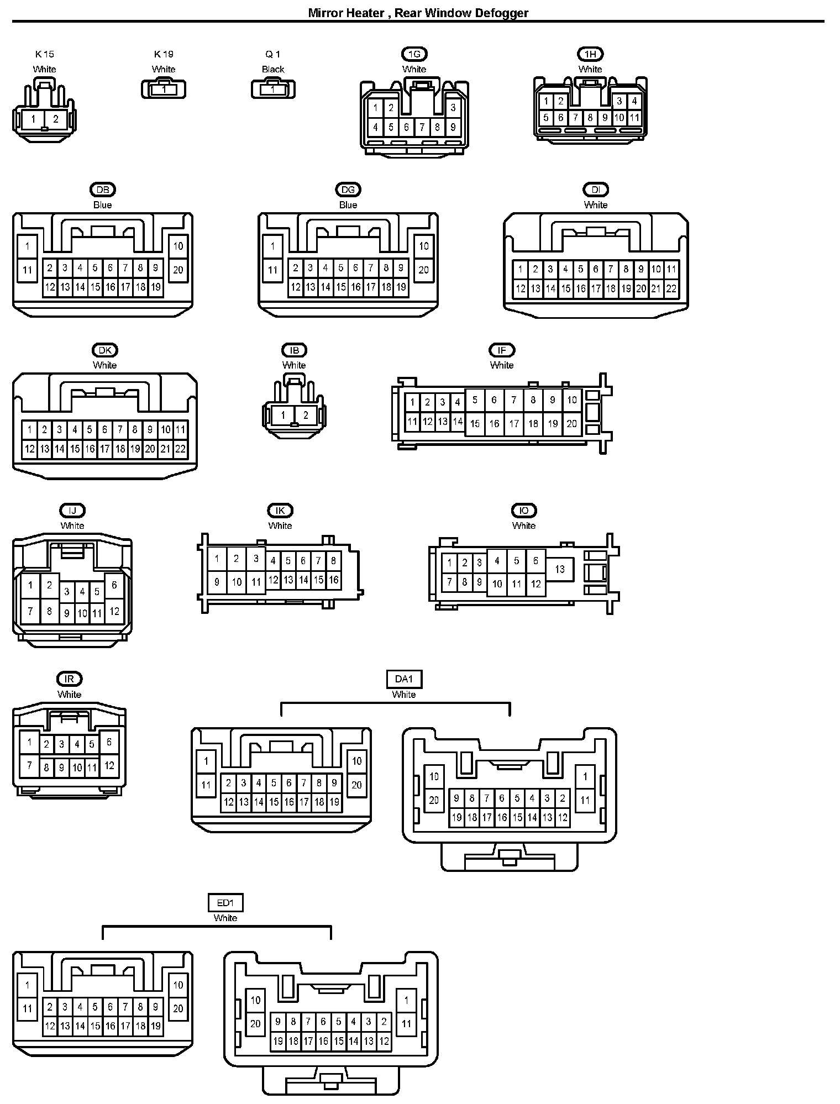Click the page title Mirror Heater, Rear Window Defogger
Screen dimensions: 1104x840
418,13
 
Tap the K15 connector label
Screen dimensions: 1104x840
45,54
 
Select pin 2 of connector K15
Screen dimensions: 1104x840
56,119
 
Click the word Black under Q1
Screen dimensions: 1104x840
273,70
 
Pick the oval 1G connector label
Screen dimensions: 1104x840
414,54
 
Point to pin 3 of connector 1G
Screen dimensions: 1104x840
453,108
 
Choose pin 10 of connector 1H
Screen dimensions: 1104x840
619,118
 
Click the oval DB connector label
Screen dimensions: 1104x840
103,190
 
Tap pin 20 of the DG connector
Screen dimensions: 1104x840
423,270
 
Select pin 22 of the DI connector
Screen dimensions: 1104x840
671,288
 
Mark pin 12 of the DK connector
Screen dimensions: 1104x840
30,449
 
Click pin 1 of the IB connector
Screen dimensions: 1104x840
283,416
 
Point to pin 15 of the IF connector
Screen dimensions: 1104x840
475,424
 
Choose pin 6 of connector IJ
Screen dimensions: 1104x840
114,586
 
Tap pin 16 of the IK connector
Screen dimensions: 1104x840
333,580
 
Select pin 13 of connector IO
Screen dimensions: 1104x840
560,569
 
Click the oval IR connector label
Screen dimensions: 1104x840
70,679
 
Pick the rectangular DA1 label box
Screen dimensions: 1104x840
404,679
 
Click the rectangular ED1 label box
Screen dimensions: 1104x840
225,903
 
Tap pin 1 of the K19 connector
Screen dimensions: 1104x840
164,89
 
